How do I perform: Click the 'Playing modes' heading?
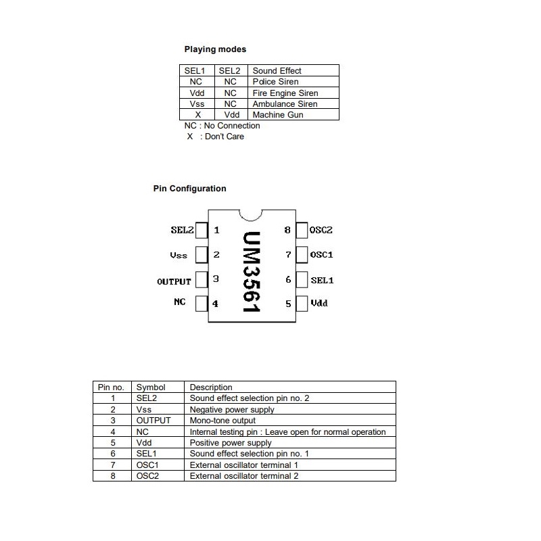click(215, 49)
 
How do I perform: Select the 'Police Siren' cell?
click(276, 81)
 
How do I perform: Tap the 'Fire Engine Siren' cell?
click(285, 93)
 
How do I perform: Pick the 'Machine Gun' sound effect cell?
click(277, 115)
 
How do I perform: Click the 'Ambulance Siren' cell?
click(285, 104)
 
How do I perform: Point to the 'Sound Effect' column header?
click(277, 70)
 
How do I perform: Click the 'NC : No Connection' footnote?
click(222, 126)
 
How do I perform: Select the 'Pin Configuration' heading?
click(189, 189)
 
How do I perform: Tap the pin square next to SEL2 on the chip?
click(202, 230)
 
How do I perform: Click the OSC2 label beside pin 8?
click(321, 230)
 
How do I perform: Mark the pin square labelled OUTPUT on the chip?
click(202, 279)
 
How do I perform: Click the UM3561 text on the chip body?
click(252, 272)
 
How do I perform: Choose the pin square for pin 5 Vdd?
click(302, 304)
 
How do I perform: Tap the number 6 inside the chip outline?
click(288, 279)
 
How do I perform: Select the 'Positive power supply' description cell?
click(231, 442)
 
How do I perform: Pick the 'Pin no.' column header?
click(111, 387)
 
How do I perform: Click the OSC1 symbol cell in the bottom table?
click(147, 465)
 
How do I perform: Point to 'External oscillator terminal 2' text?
click(243, 475)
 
